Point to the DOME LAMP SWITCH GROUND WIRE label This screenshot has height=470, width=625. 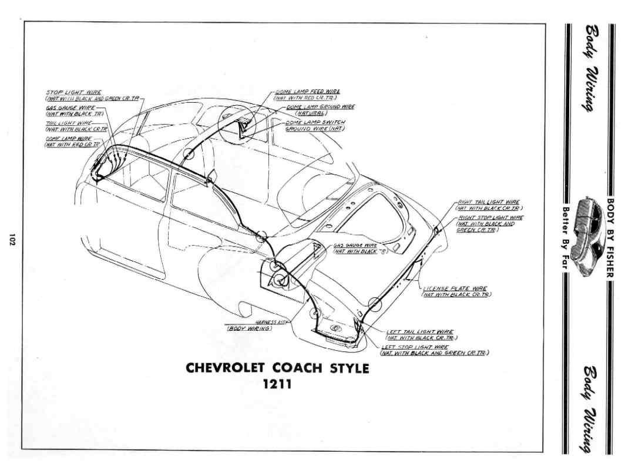click(x=315, y=125)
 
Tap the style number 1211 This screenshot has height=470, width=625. click(x=277, y=385)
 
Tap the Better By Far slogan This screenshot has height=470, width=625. click(x=567, y=236)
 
